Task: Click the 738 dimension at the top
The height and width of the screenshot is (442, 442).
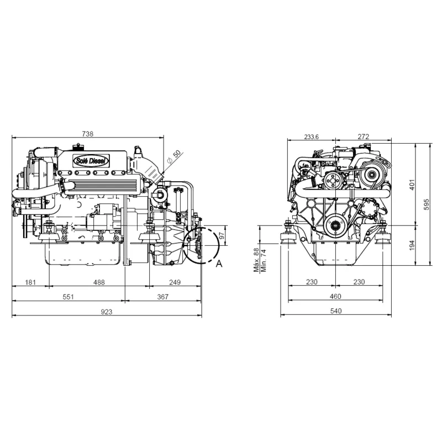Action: tap(87, 134)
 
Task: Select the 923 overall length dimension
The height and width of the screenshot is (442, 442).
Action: tap(107, 312)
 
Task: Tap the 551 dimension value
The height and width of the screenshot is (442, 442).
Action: tap(68, 297)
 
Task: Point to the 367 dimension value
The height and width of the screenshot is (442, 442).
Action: tap(163, 297)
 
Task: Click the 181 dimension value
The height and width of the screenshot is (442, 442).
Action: tap(31, 282)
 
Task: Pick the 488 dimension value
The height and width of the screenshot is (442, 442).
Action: tap(99, 282)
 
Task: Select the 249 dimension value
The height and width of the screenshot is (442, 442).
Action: tap(175, 282)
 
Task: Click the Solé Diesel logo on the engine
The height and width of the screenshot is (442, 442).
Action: tap(92, 160)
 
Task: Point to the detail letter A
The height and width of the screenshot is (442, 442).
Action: tap(219, 264)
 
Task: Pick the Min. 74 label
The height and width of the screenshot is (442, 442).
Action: tap(264, 260)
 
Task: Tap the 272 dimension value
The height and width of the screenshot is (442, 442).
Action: tap(363, 136)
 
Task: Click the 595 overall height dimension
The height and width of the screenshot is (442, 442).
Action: tap(425, 204)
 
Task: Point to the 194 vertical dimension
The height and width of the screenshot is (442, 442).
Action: tap(411, 245)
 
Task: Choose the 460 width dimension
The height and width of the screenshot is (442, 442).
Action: tap(335, 297)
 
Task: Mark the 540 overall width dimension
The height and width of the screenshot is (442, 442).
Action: tap(335, 311)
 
